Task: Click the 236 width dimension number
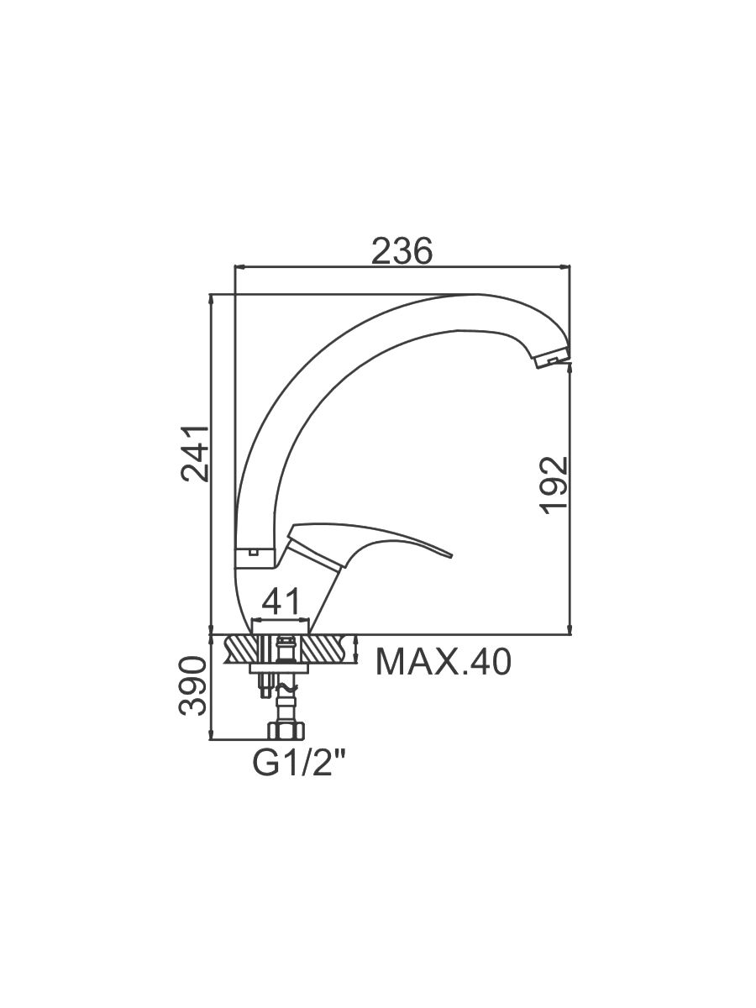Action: click(x=402, y=251)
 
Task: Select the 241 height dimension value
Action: click(x=195, y=454)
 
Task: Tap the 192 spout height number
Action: click(x=554, y=485)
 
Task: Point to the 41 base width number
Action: click(x=283, y=601)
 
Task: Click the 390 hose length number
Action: click(x=193, y=686)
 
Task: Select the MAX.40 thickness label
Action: click(x=443, y=662)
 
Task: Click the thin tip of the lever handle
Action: click(x=451, y=556)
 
